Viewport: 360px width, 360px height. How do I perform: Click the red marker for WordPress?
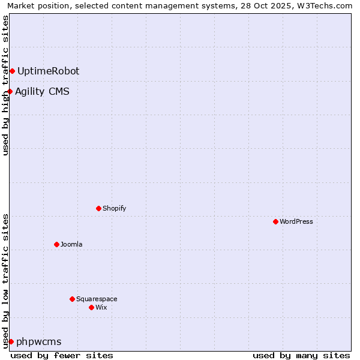coord(275,221)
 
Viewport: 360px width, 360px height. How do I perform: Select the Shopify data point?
coord(98,208)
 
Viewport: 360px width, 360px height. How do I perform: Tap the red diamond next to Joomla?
coord(56,244)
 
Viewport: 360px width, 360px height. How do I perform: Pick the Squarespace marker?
coord(72,299)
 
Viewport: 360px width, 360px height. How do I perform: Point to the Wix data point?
coord(91,307)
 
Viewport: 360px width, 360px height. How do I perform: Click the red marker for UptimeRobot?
coord(12,71)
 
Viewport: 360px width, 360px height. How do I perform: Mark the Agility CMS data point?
coord(10,92)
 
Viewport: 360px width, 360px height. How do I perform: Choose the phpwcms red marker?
coord(11,341)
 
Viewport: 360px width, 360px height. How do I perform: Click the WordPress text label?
coord(296,221)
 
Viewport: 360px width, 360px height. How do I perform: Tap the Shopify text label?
coord(114,208)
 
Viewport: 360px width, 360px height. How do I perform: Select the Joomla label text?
coord(71,244)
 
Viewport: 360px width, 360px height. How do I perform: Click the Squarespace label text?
coord(97,299)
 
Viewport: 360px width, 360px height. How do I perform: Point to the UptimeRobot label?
coord(48,71)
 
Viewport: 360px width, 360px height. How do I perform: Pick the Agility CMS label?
coord(42,92)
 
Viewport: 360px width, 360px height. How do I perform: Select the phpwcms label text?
coord(39,342)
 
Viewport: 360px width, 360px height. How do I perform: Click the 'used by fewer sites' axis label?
coord(62,355)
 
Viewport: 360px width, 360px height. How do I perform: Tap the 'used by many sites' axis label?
coord(301,355)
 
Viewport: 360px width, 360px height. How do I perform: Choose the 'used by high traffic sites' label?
coord(5,85)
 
